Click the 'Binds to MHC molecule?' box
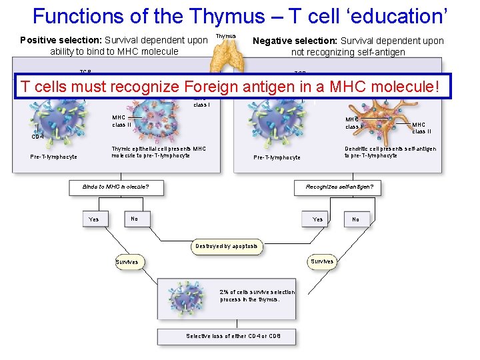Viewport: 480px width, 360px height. click(115, 187)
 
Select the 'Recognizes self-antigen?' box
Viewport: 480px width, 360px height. click(339, 187)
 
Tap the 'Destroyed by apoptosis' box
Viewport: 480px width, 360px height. click(227, 246)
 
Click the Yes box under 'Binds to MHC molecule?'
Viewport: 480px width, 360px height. click(94, 219)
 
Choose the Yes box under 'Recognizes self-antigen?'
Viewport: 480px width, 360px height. click(318, 219)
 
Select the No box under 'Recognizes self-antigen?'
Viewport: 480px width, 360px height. click(355, 219)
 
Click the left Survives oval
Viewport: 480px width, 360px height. click(127, 262)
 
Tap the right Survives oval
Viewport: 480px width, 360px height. click(322, 261)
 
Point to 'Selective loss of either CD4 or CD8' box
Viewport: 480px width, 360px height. click(233, 336)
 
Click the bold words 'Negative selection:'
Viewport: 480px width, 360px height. click(295, 41)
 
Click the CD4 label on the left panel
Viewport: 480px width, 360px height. click(38, 137)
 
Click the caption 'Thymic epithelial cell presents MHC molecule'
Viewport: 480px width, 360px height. click(159, 152)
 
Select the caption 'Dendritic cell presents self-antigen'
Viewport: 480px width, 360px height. click(390, 152)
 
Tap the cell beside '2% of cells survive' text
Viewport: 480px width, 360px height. click(189, 294)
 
